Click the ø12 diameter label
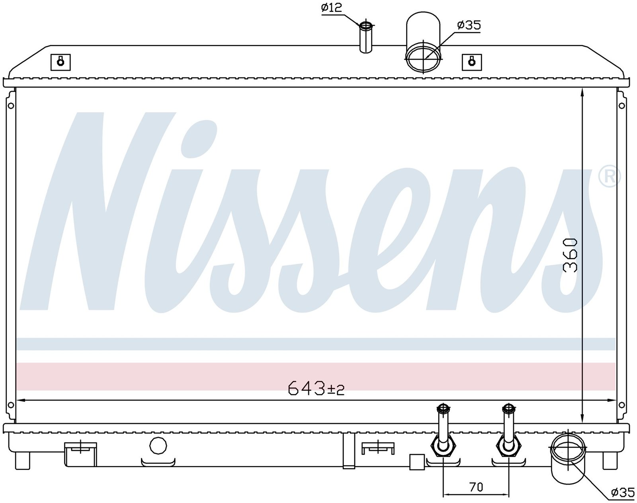332,8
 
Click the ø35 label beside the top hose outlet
469,25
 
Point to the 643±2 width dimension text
316,388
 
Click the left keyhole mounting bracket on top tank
61,62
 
